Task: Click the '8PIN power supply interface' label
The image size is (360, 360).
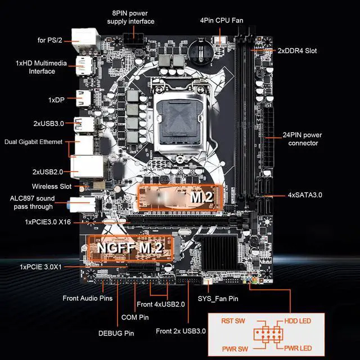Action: click(x=130, y=17)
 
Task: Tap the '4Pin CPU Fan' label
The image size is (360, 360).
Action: click(x=221, y=20)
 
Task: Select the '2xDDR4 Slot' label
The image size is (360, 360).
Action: click(x=297, y=51)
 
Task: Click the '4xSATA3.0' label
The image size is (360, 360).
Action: click(x=305, y=195)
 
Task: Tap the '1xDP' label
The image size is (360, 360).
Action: click(x=56, y=100)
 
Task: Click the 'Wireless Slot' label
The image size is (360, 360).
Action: click(x=51, y=186)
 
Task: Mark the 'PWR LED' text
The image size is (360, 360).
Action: click(x=296, y=348)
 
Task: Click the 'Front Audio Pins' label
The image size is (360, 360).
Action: click(x=87, y=298)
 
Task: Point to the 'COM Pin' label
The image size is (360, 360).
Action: click(x=135, y=317)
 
